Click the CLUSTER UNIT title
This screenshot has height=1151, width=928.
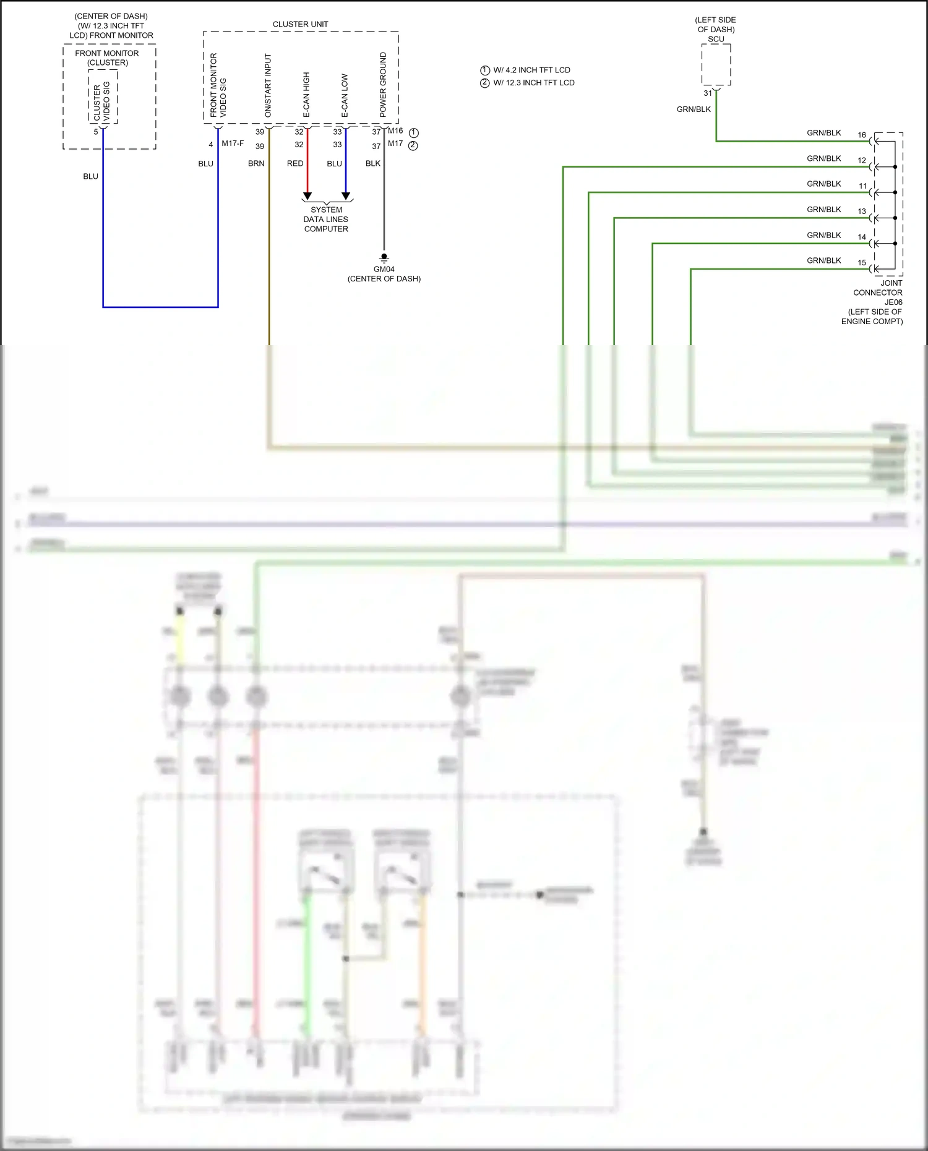tap(300, 24)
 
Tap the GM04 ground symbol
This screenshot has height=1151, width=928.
tap(384, 257)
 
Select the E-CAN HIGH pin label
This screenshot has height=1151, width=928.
tap(306, 95)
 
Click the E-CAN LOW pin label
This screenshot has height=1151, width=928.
tap(345, 96)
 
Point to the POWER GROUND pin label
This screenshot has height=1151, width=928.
tap(383, 85)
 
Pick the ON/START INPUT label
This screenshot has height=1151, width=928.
tap(268, 85)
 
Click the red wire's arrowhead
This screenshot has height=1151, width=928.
tap(307, 196)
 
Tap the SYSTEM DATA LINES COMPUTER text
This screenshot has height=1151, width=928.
tap(326, 220)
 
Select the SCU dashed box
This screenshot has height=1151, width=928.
tap(716, 64)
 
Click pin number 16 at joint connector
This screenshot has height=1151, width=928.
tap(861, 135)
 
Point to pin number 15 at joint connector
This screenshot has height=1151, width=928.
tap(861, 263)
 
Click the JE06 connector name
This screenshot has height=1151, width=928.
tap(893, 302)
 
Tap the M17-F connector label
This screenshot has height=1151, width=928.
tap(233, 143)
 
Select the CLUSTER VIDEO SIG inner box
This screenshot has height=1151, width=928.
tap(103, 97)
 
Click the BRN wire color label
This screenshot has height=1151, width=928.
tap(256, 164)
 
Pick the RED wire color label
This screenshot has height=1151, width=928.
tap(295, 164)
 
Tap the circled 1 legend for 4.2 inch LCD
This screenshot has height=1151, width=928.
tap(485, 71)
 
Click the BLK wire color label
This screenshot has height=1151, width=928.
tap(373, 164)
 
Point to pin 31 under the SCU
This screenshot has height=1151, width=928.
tap(708, 93)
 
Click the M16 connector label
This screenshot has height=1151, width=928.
tap(395, 131)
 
